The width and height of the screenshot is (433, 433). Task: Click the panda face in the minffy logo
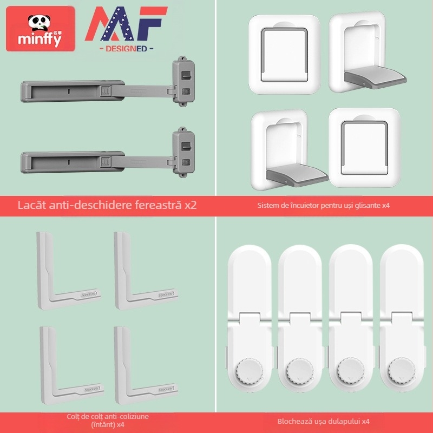click(38, 22)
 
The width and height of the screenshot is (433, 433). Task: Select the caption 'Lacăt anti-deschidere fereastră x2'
click(107, 205)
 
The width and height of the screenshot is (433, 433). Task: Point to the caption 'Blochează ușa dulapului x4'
click(324, 421)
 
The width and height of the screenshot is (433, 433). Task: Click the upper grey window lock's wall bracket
click(183, 78)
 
